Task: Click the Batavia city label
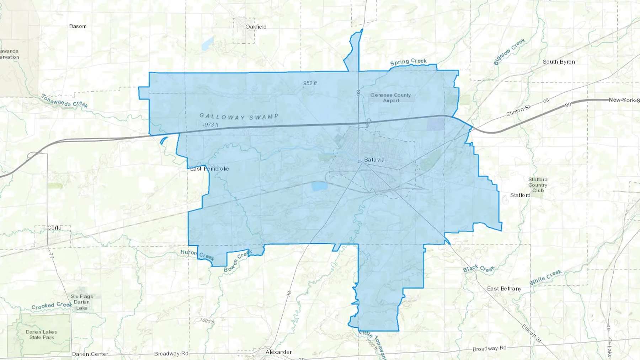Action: tap(374, 160)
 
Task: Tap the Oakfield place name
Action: tap(256, 27)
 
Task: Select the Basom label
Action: tap(78, 26)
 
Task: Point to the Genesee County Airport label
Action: tap(390, 98)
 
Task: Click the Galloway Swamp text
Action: tap(239, 117)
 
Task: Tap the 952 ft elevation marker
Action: tap(310, 83)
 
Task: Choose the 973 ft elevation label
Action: tap(211, 125)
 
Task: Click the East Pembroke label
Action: tap(209, 169)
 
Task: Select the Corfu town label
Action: tap(54, 228)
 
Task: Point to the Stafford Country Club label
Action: tap(538, 185)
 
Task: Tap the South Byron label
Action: tap(559, 62)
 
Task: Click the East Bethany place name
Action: tap(504, 289)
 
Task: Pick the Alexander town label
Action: tap(278, 352)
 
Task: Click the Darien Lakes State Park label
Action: tap(41, 334)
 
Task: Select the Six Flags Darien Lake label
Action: tap(82, 302)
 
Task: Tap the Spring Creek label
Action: tap(408, 62)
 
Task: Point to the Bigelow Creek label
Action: tap(509, 52)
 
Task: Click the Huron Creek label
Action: tap(197, 254)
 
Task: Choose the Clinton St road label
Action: tap(518, 111)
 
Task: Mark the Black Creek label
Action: tap(479, 269)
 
